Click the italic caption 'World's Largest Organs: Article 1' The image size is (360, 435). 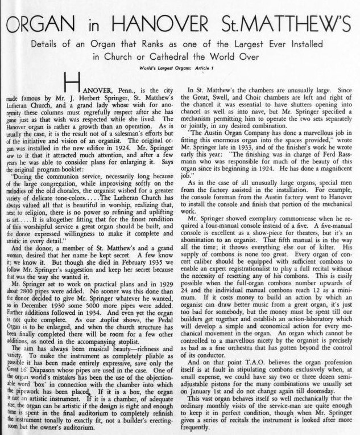180,69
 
